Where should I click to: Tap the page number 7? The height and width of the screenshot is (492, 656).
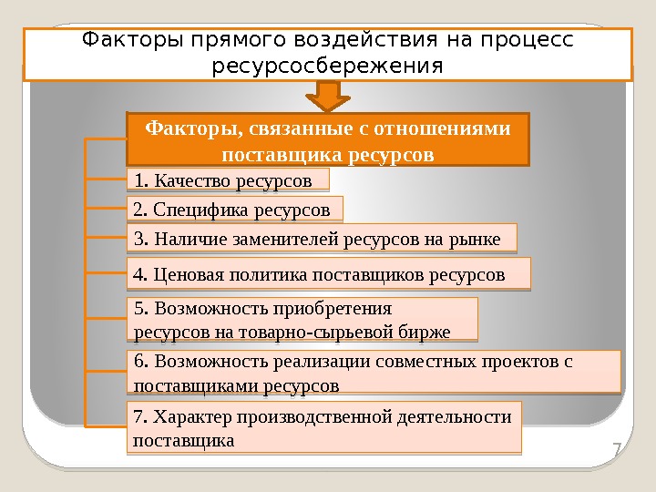click(616, 449)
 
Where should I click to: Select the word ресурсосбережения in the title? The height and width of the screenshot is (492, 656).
click(327, 67)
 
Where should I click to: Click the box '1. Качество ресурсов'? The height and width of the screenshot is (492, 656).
click(226, 179)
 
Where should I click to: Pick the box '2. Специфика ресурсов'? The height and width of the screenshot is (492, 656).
click(234, 210)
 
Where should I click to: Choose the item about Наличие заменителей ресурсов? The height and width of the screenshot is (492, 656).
click(320, 240)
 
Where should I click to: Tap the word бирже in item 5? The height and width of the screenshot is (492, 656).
click(427, 332)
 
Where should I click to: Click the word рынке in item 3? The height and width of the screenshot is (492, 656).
click(477, 240)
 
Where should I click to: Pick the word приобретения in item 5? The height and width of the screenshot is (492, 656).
click(337, 308)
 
